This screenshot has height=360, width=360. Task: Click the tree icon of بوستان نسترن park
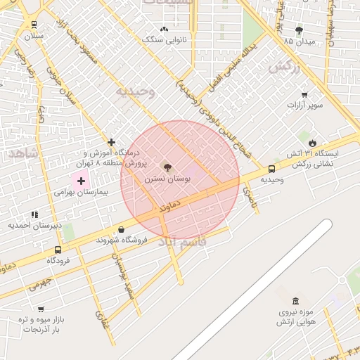[167, 167]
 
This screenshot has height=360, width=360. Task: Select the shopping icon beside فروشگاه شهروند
[122, 229]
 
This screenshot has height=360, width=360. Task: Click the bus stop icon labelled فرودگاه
[58, 250]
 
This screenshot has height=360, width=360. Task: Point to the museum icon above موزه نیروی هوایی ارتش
[295, 301]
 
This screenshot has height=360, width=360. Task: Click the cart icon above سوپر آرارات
[304, 95]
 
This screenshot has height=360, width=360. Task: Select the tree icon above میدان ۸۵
[299, 30]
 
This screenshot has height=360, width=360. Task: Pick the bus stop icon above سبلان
[33, 24]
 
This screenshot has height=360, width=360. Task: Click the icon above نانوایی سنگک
[165, 29]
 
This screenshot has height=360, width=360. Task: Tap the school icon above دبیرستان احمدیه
[34, 214]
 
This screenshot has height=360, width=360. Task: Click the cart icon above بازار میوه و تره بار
[41, 309]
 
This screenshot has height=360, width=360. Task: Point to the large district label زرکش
[283, 67]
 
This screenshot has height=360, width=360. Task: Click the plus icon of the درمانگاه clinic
[110, 142]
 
